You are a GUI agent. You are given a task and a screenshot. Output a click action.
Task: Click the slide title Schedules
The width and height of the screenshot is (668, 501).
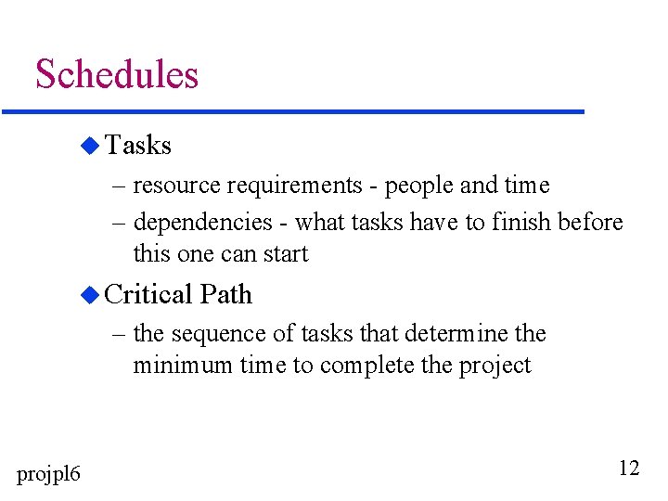point(117,74)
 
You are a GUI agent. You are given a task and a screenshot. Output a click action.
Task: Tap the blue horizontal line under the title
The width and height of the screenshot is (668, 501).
point(293,112)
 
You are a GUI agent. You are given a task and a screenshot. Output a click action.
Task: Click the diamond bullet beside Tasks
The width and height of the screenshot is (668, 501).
point(89,145)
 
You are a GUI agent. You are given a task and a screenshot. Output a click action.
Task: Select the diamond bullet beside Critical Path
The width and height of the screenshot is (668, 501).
point(89,295)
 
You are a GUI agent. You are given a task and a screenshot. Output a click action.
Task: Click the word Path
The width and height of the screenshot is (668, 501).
point(226,295)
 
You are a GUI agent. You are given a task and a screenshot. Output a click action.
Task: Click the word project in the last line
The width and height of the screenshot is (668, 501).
point(495,366)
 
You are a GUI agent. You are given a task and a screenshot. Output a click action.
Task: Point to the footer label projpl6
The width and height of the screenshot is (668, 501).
point(49,474)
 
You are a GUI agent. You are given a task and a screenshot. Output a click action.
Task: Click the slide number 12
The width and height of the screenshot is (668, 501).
point(628,468)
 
